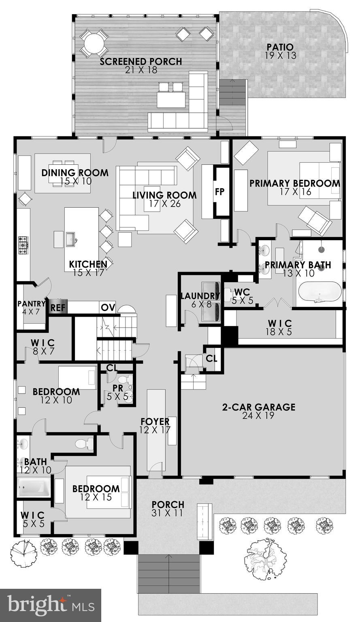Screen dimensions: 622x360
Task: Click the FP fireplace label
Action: pos(219,192)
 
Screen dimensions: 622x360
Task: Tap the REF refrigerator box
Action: pos(58,307)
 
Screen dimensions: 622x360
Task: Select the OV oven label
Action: pos(108,307)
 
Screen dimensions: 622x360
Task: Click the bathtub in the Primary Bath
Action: pos(320,292)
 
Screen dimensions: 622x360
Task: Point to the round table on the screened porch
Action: pos(94,43)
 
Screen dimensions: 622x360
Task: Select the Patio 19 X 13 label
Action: pos(280,51)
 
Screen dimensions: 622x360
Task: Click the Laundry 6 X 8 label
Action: pos(200,300)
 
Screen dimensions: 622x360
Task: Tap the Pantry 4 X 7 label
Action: pos(31,307)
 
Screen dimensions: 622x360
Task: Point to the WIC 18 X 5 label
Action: pos(280,327)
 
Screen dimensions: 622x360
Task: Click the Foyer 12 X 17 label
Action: pos(155,426)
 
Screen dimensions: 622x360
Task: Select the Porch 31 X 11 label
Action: pos(168,509)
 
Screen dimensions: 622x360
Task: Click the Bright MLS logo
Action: pos(50,605)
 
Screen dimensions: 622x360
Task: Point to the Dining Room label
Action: pos(75,177)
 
